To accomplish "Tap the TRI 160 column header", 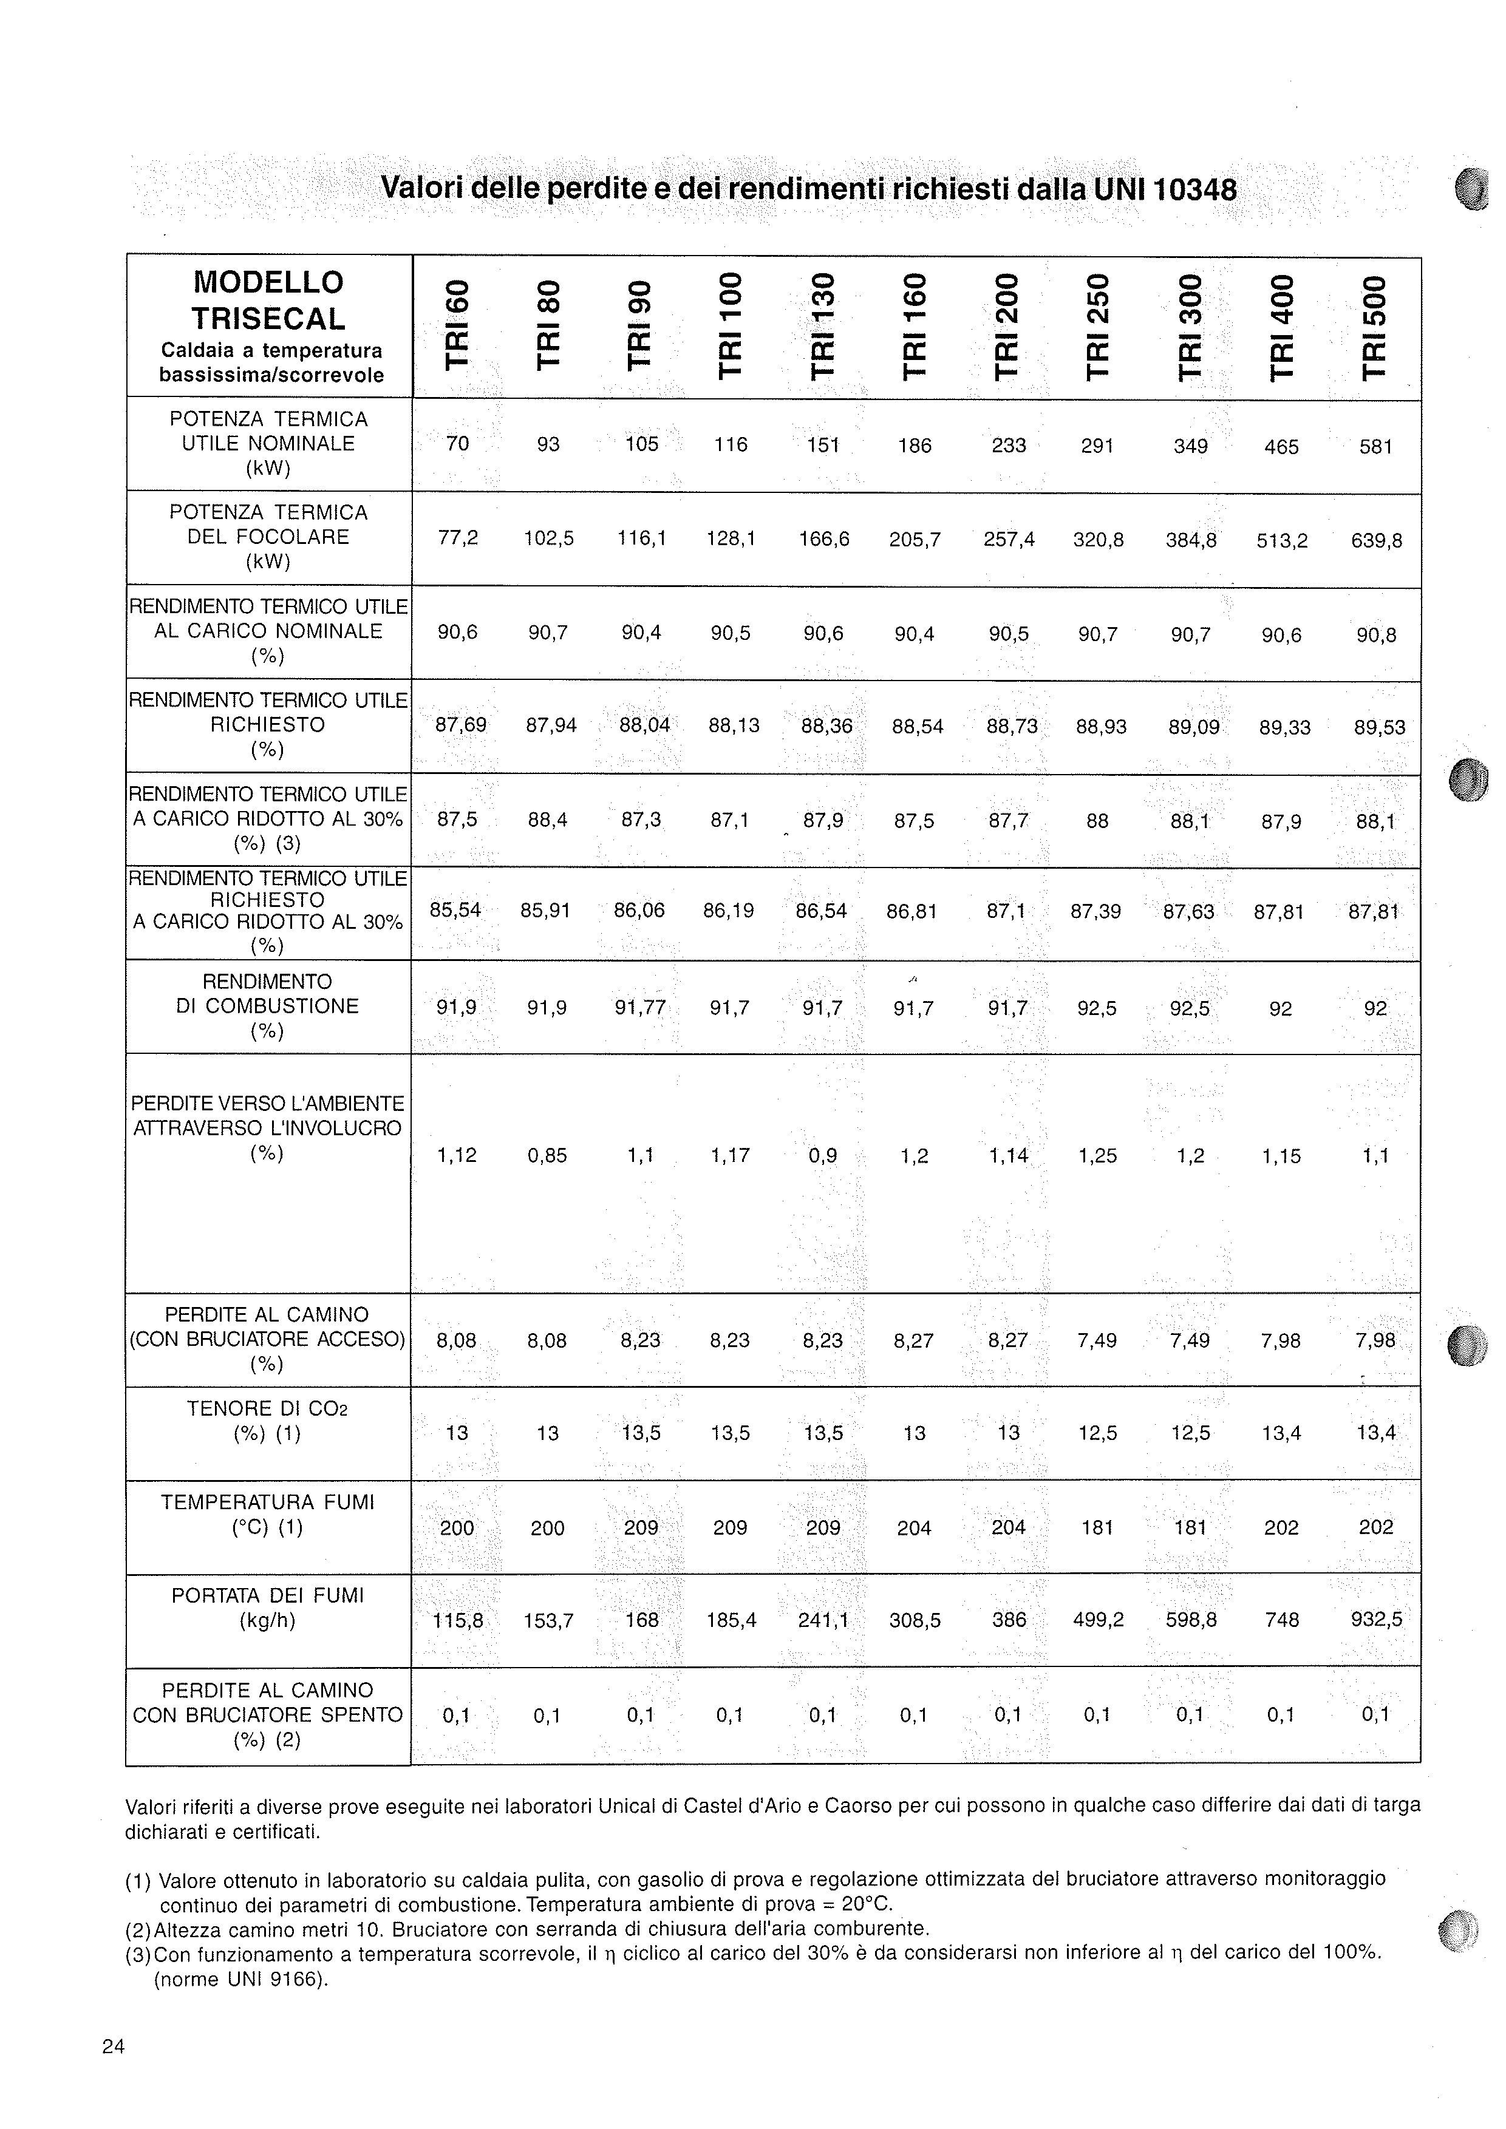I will (915, 325).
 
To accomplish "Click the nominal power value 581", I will (1375, 447).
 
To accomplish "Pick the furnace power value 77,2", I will (457, 538).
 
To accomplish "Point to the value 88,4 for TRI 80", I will (548, 820).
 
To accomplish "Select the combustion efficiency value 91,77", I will (640, 1007).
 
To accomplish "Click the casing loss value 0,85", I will (547, 1155).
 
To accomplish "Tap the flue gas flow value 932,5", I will (1376, 1620).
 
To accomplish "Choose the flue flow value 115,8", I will (457, 1620).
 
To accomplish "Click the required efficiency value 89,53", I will (1379, 728).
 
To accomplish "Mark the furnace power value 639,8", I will (1376, 540).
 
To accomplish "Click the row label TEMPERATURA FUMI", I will (267, 1502).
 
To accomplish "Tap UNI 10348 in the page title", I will (1165, 189).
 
